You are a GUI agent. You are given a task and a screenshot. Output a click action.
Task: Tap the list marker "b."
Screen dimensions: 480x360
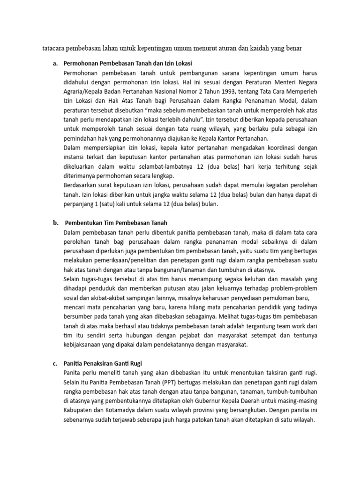(x=55, y=222)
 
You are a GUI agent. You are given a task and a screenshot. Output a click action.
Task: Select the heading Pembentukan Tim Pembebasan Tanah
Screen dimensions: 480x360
(x=116, y=222)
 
